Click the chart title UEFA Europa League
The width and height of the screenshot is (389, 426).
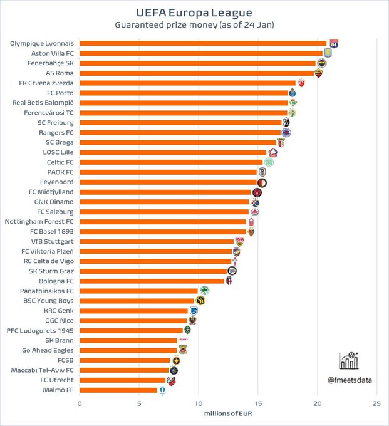194,12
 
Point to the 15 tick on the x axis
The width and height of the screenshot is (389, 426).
257,404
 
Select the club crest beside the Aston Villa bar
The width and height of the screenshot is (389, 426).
327,53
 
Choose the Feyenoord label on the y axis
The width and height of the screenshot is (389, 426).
58,182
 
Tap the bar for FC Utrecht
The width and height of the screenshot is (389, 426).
123,380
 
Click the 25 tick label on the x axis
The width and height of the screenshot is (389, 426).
376,404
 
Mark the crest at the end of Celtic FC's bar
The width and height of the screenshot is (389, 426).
269,162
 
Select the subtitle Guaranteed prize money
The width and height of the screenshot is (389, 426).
194,25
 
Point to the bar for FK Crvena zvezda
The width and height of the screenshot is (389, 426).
187,83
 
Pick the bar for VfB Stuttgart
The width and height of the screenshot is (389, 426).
157,241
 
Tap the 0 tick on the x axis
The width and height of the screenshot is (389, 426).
80,404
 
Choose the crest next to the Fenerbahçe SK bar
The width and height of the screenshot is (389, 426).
322,63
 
